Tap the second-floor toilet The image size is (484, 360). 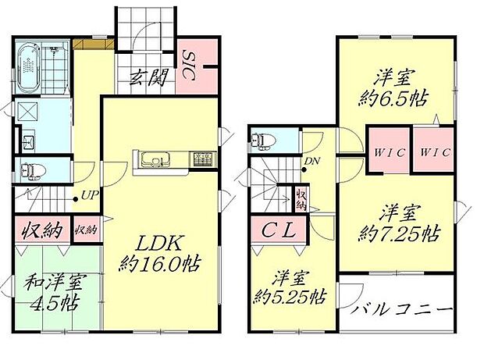click(x=262, y=141)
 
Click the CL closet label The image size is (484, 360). click(x=278, y=232)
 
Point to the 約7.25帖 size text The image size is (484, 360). click(x=400, y=233)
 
